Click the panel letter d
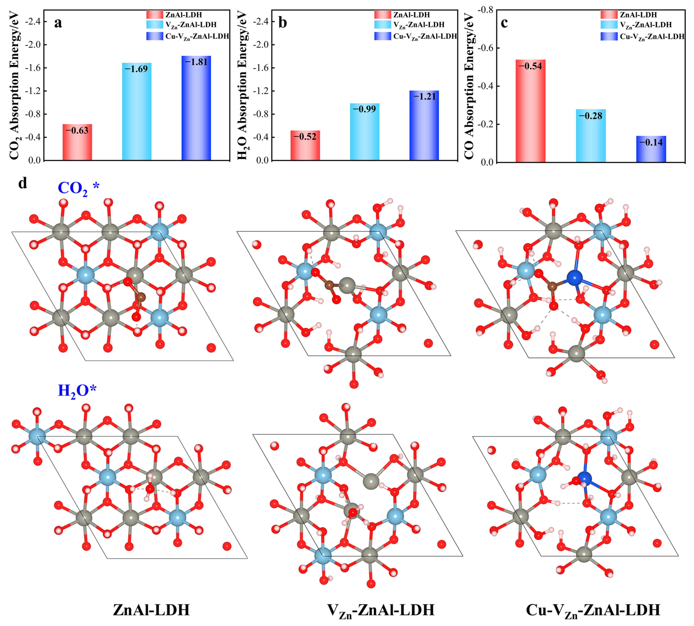point(23,183)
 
